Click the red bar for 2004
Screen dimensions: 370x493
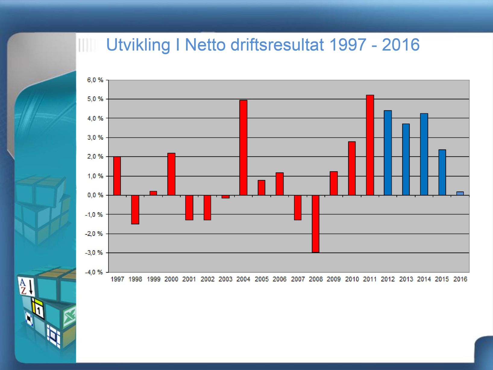pos(243,148)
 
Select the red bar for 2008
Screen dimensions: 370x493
pos(316,224)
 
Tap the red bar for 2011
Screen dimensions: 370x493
pos(370,145)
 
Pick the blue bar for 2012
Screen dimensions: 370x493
pos(388,153)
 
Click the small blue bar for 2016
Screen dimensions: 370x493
pos(460,193)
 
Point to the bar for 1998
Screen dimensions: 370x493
pos(135,210)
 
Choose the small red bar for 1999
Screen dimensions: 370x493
pos(153,193)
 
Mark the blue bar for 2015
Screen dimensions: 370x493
pos(442,172)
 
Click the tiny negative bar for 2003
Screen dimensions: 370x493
pos(225,197)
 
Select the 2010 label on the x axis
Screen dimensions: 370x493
pos(352,279)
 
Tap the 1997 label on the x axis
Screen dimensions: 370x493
pos(117,279)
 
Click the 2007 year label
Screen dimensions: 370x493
pos(298,279)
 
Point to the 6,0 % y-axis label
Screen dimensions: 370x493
pos(95,80)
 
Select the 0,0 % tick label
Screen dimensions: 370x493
pos(95,195)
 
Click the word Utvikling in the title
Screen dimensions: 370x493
pos(139,45)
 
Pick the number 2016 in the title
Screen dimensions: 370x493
pos(401,45)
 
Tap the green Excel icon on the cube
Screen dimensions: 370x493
pos(70,317)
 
